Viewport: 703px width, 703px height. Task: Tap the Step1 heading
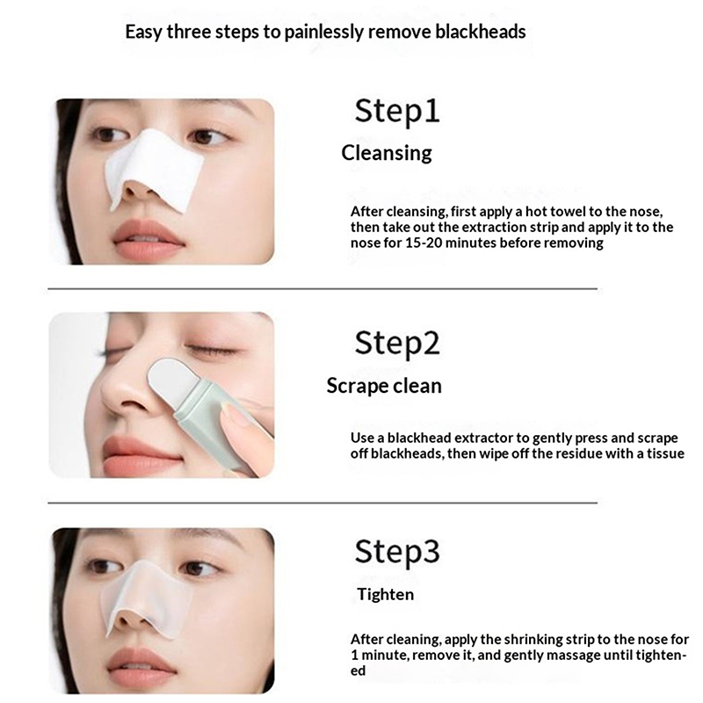[397, 112]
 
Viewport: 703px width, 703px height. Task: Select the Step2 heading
[397, 343]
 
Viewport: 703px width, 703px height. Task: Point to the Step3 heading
[397, 552]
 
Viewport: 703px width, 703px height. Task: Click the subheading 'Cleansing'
[387, 154]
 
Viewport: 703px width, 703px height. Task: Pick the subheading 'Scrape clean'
[384, 386]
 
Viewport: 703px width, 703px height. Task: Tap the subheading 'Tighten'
[386, 595]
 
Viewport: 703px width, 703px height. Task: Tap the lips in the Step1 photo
[148, 235]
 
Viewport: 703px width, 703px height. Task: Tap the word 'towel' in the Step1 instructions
[569, 212]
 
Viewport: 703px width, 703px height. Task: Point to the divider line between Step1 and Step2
[323, 289]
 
